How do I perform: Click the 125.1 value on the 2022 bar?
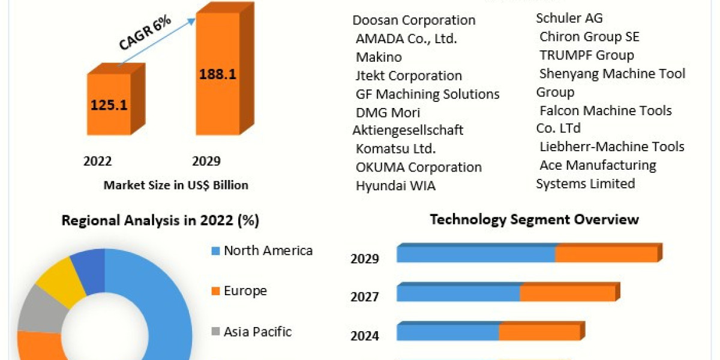click(109, 105)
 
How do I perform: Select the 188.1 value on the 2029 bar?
click(217, 74)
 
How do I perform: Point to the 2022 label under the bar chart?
click(98, 161)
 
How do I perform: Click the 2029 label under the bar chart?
click(206, 161)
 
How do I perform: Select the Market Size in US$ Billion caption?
click(176, 185)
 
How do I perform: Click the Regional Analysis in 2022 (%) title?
click(160, 221)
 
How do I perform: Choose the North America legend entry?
click(268, 251)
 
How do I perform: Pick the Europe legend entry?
click(245, 291)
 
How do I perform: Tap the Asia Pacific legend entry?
click(257, 331)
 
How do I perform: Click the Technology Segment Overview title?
click(534, 220)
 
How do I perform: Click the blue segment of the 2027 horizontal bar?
click(458, 293)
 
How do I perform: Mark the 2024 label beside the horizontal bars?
click(365, 336)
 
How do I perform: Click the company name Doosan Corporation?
click(414, 20)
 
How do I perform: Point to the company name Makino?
click(379, 58)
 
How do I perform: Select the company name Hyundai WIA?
click(396, 186)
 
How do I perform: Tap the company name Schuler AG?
click(569, 19)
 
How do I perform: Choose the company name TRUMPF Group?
click(586, 55)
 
